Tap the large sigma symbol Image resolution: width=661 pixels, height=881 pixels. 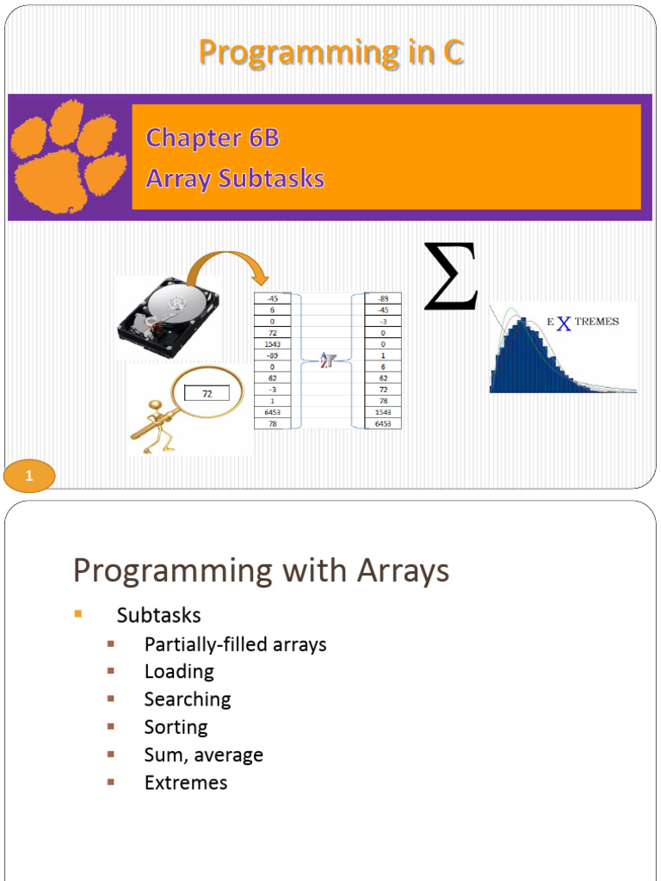coord(450,277)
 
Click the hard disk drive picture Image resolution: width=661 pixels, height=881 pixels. coord(169,317)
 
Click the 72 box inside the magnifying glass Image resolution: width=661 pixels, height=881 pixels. coord(207,394)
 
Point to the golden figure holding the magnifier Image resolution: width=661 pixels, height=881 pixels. coord(155,427)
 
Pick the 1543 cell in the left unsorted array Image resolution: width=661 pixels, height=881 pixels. coord(272,343)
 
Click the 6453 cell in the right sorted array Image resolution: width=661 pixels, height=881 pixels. coord(383,422)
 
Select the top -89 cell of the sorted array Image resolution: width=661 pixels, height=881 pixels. coord(383,299)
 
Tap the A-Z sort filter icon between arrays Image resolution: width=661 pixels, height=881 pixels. coord(327,360)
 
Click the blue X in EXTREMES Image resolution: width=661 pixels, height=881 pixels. coord(564,323)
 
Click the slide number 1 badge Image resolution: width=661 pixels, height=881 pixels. coord(29,475)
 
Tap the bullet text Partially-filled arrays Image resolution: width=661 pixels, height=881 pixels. coord(235,644)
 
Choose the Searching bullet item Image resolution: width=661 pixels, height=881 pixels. coord(188,699)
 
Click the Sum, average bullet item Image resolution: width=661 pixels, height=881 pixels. coord(203,755)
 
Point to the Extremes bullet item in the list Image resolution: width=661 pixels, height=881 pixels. coord(186,783)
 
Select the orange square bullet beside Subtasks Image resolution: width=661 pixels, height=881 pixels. coord(77,613)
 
